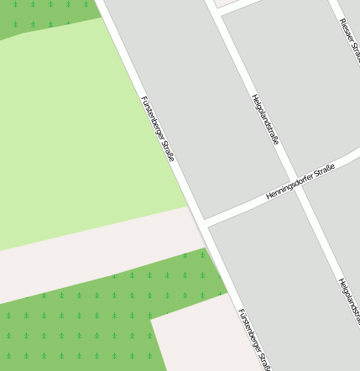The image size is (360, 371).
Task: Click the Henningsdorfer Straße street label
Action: (300, 181)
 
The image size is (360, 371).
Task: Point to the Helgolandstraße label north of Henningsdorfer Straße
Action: (265, 119)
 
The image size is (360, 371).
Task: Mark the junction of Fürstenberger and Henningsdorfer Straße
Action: (201, 222)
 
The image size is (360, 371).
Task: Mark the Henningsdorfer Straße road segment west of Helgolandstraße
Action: (243, 205)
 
